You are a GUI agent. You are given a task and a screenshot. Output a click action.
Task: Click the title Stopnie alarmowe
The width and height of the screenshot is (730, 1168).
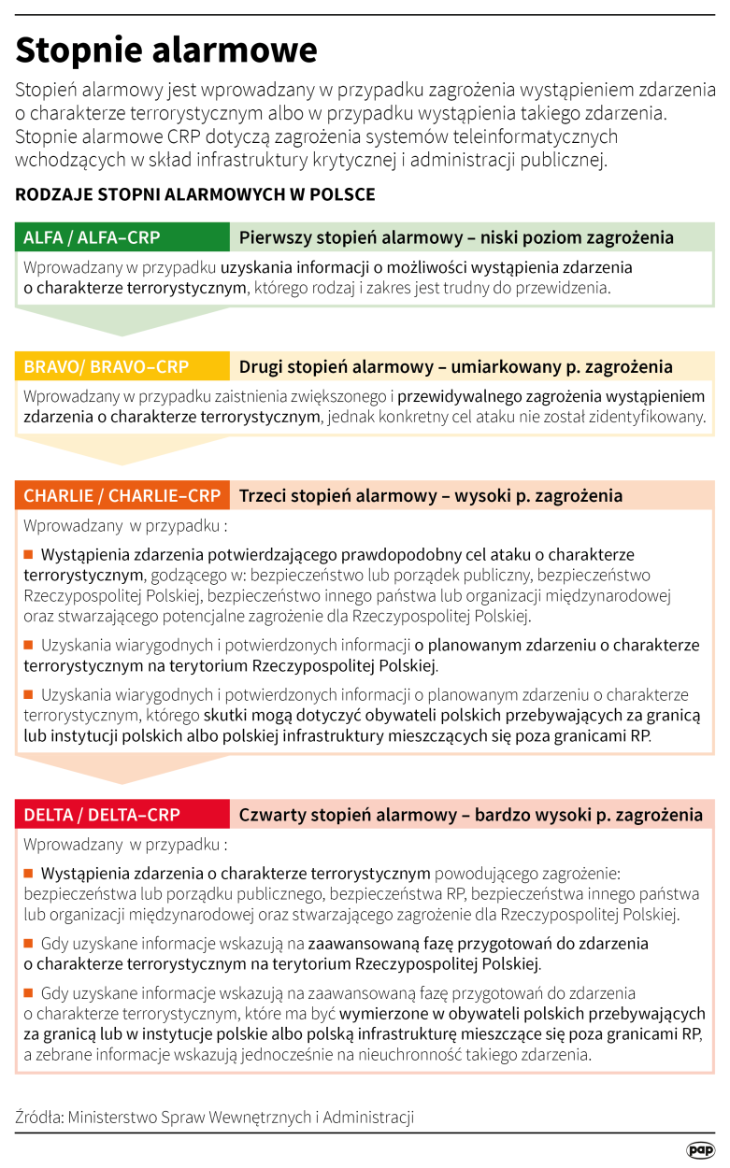[165, 50]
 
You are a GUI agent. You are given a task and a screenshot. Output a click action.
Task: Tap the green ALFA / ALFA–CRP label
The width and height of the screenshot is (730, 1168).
[92, 237]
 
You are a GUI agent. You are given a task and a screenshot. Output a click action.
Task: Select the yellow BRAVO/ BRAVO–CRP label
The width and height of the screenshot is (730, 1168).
[106, 366]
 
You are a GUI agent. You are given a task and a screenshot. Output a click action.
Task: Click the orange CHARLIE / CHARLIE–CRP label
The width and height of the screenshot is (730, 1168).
[122, 495]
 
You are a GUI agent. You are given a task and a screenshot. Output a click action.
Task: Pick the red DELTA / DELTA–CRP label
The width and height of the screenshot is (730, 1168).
[102, 815]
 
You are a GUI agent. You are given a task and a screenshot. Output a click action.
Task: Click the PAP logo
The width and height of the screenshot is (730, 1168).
[699, 1149]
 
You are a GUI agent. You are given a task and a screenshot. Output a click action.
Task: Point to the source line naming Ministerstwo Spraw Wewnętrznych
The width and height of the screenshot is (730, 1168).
[214, 1117]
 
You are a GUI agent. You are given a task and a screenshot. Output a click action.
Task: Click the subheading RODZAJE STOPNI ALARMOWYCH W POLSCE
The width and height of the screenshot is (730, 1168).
[194, 194]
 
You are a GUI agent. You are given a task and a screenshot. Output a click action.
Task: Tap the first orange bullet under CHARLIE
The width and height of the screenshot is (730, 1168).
[28, 553]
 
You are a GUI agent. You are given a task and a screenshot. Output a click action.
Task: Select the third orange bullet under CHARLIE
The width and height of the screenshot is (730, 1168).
[28, 695]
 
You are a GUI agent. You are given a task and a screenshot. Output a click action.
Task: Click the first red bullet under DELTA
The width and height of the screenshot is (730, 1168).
[28, 874]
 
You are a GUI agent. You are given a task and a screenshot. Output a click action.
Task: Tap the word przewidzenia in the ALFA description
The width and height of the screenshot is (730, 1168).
[567, 288]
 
